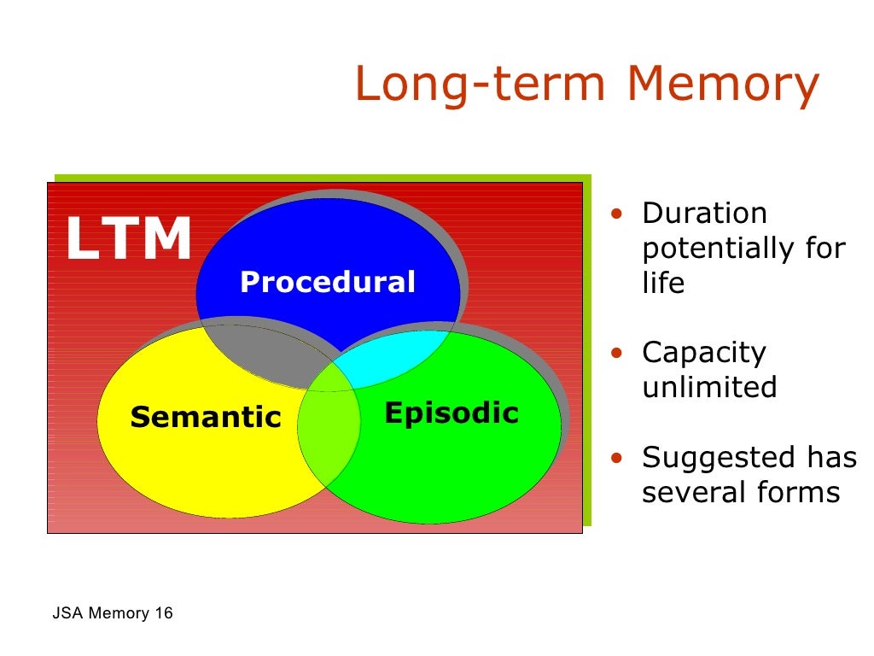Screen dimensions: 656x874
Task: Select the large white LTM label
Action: click(x=128, y=239)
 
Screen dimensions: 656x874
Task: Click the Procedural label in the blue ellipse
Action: click(x=328, y=282)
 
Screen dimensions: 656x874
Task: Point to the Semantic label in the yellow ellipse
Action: click(x=206, y=417)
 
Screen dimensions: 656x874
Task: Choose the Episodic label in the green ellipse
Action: click(x=452, y=413)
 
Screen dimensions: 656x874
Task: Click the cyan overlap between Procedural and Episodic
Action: click(x=388, y=359)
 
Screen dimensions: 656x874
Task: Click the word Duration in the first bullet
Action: click(x=704, y=214)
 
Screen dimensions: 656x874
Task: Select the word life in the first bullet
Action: click(x=663, y=284)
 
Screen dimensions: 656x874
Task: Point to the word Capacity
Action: click(x=704, y=353)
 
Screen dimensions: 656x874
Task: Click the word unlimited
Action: click(x=709, y=388)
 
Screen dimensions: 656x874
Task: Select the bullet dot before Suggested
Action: click(x=616, y=458)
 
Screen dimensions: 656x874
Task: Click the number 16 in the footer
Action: click(x=163, y=613)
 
